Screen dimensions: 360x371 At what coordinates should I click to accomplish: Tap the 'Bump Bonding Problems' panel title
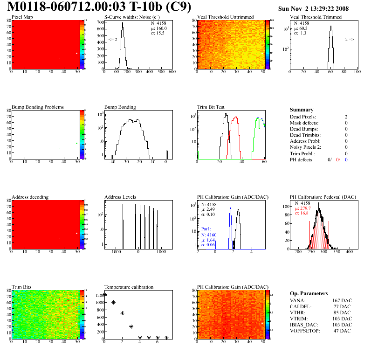click(38, 107)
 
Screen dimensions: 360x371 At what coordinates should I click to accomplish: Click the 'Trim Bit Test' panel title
click(211, 107)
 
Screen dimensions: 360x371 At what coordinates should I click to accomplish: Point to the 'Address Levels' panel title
click(120, 197)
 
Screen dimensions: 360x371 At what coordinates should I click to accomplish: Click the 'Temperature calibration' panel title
click(129, 287)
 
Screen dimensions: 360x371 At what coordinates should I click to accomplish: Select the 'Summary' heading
click(302, 110)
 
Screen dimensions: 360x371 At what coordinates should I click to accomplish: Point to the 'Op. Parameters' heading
click(309, 293)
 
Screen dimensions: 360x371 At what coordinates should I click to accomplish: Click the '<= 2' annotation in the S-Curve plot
click(112, 40)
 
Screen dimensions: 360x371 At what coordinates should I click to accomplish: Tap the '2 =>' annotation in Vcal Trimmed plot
click(350, 40)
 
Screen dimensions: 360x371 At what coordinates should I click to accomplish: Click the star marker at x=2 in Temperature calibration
click(122, 313)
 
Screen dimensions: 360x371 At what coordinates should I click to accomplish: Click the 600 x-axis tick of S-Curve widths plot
click(172, 72)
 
